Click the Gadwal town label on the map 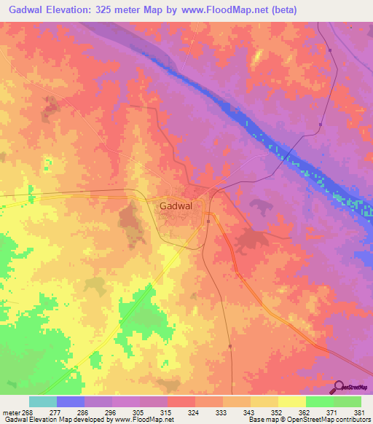click(176, 206)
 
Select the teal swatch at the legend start click(43, 401)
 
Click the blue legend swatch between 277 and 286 click(71, 401)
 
